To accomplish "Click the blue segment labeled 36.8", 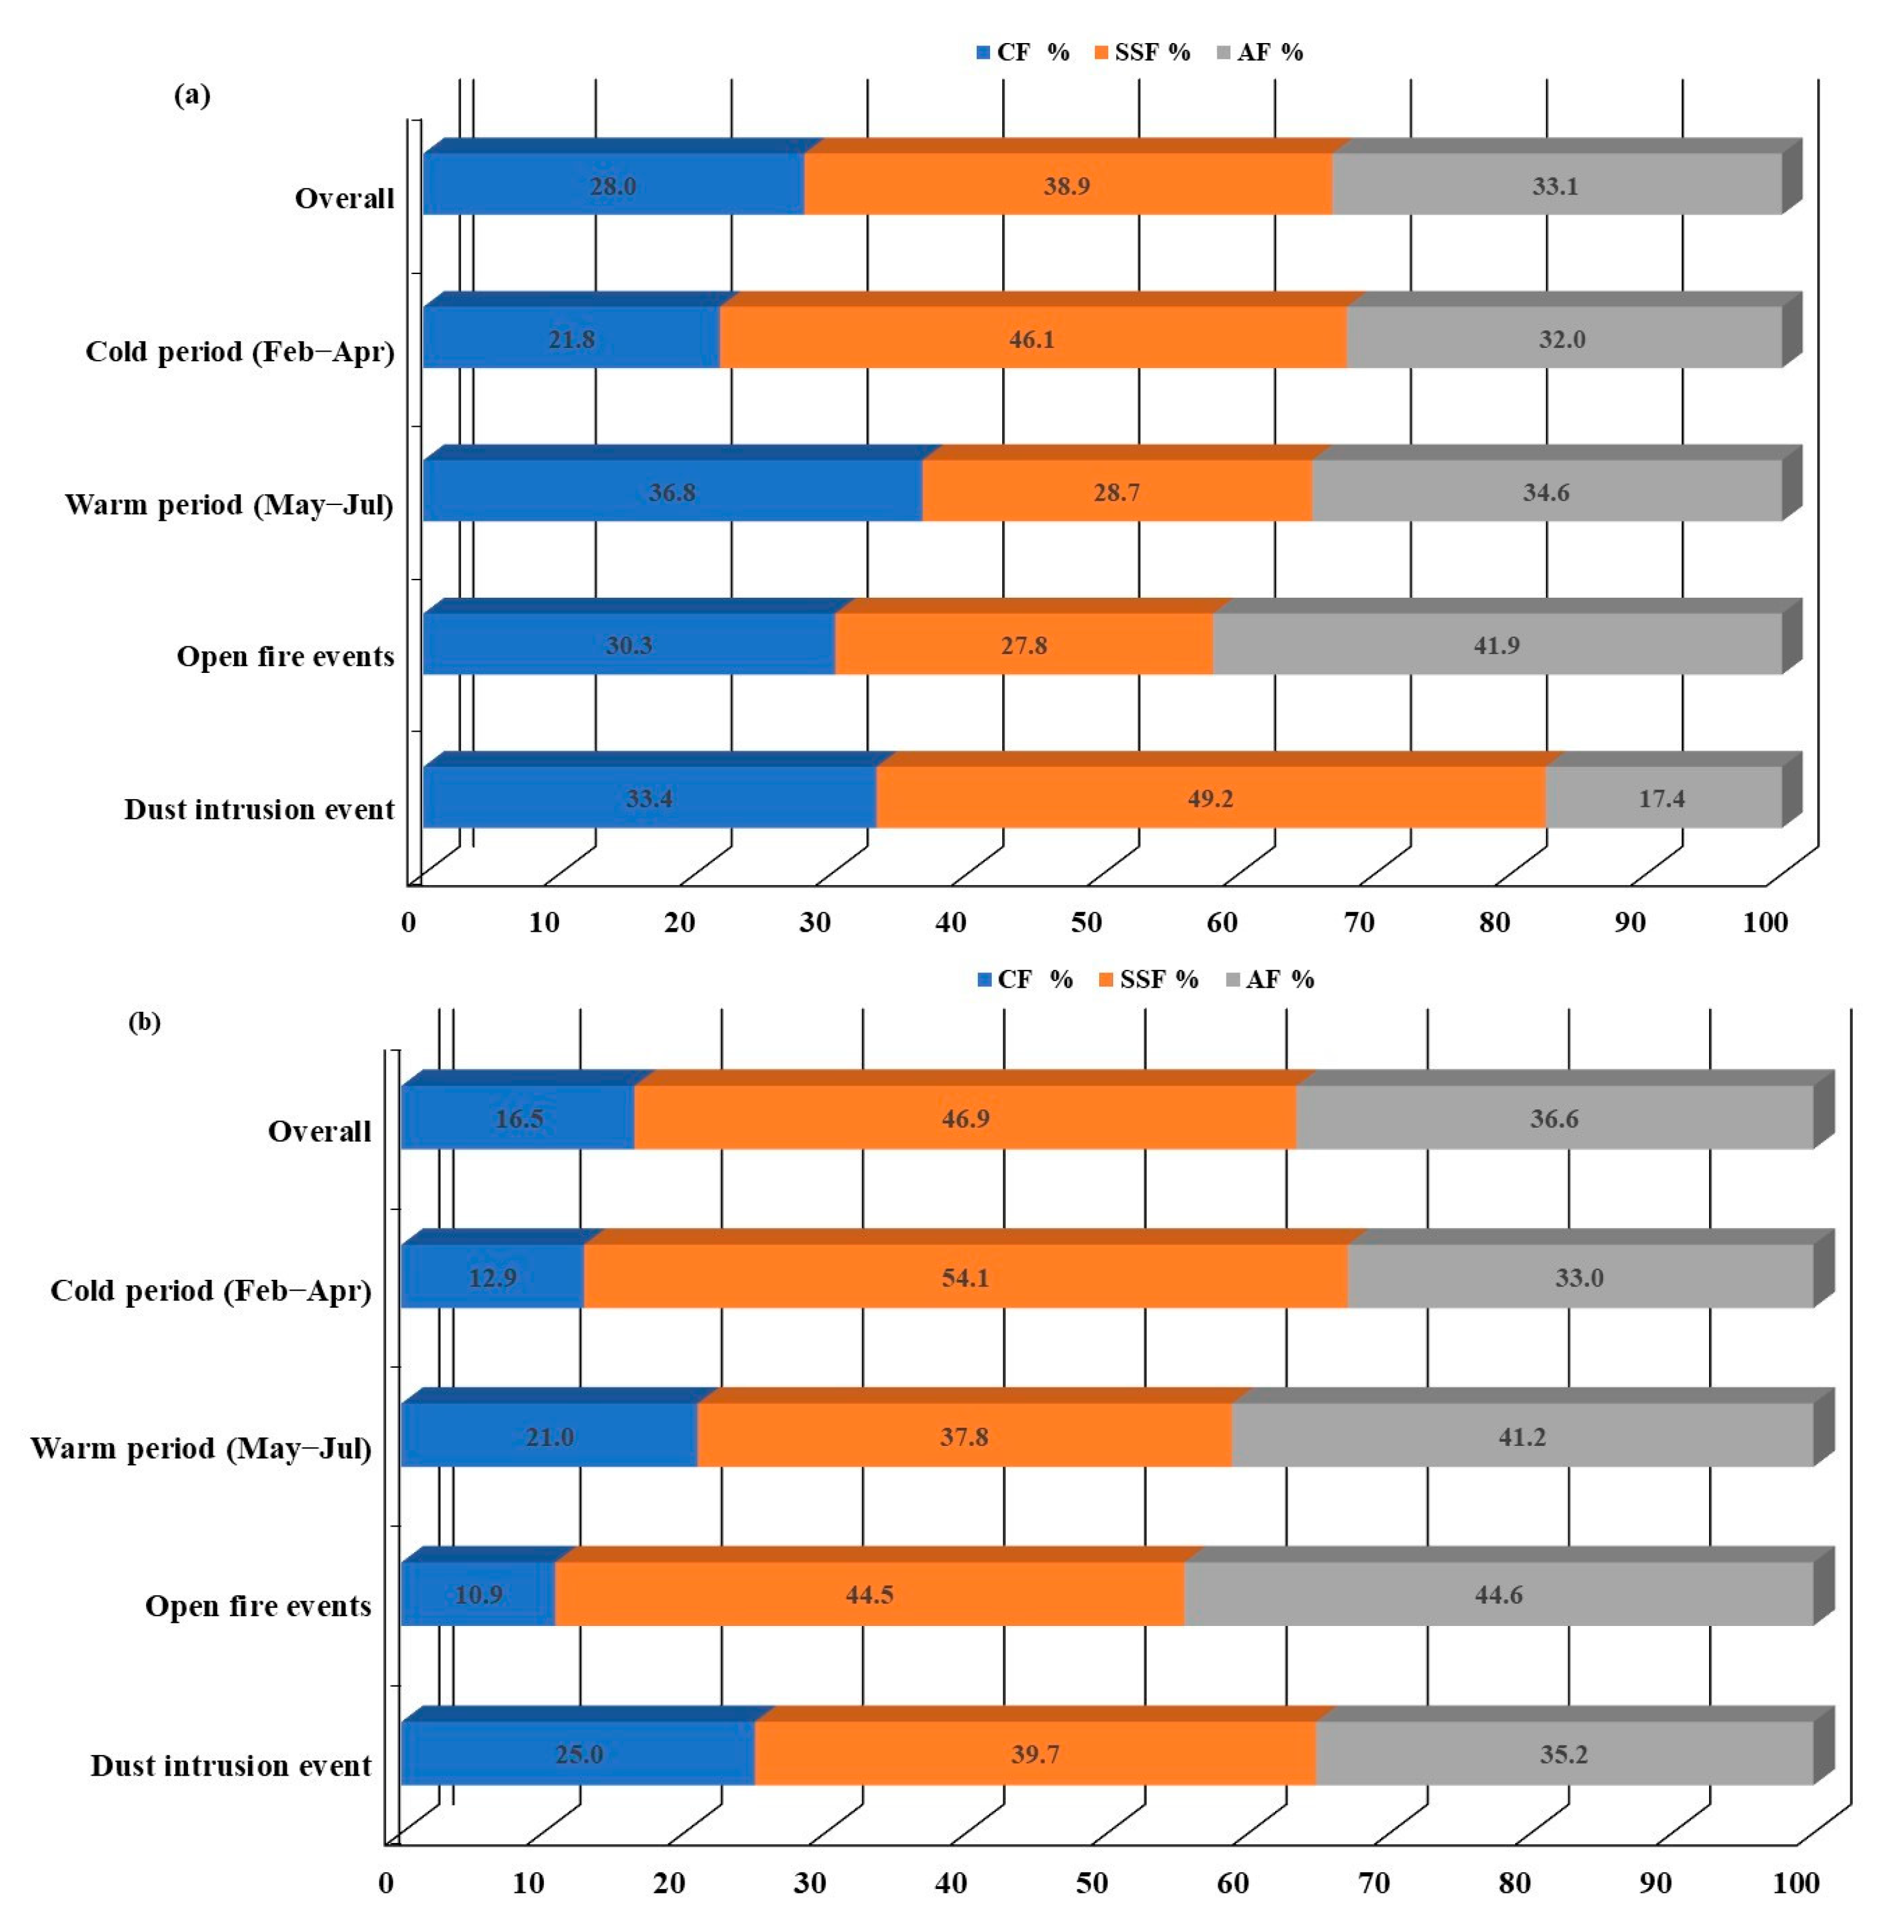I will point(671,492).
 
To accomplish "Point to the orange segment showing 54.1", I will point(965,1277).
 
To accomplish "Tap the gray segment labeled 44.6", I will point(1498,1594).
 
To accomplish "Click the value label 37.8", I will point(964,1436).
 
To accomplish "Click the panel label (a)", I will point(192,95).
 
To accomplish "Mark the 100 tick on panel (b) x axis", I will point(1796,1883).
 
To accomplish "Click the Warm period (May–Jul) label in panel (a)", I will point(229,505).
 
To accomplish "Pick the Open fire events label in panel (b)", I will point(258,1605).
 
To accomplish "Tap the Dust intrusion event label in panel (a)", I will point(259,809).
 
